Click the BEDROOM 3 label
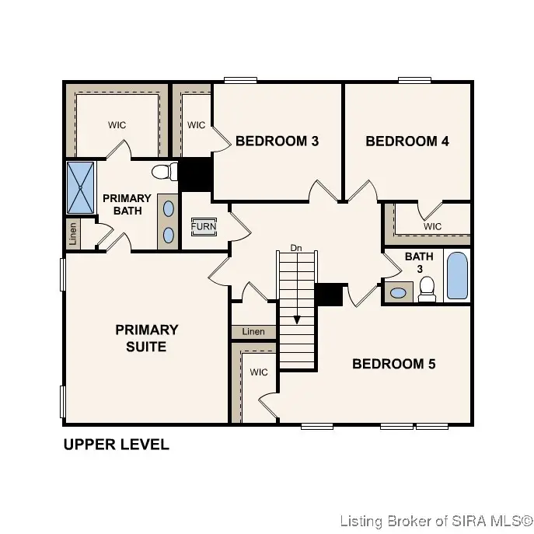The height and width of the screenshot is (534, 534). point(277,141)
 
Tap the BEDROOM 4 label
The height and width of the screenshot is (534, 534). point(407,141)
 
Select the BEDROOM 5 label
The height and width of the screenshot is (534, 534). point(394,364)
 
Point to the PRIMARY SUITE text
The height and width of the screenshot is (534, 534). point(146,338)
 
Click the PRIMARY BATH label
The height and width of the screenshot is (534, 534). point(127,204)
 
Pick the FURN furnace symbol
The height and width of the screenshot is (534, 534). point(204,226)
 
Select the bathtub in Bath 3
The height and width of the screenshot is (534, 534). point(457,275)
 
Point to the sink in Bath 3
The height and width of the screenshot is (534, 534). point(398,293)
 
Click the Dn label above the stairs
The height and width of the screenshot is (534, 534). point(295,248)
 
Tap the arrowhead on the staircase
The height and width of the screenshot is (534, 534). point(296,319)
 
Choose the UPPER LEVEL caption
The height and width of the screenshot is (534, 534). point(116,445)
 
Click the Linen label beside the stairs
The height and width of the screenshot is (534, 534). point(253,332)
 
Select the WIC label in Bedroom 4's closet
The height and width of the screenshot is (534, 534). point(432,226)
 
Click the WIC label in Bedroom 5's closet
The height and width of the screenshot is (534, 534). point(258,372)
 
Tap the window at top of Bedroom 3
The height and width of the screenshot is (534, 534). point(236,79)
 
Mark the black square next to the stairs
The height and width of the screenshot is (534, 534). point(330,295)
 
